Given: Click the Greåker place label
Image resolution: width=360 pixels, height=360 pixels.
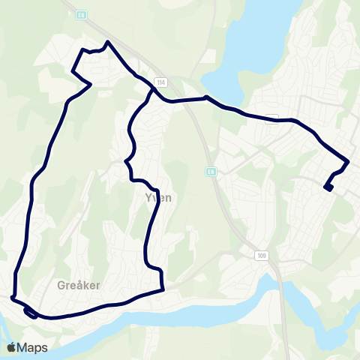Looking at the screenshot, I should [79, 285].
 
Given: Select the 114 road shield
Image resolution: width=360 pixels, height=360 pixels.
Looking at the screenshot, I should [160, 81].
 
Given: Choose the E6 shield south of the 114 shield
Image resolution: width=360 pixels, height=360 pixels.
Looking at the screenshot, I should [212, 172].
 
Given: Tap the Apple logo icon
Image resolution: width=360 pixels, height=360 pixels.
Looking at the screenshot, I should [12, 347].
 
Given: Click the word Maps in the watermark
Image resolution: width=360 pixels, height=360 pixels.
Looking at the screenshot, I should [33, 347].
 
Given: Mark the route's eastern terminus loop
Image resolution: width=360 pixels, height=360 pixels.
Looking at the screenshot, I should [328, 187].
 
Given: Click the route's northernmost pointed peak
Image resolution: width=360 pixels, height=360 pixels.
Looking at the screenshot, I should [109, 42].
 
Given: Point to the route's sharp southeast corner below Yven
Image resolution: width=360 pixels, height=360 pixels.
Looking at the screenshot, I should [163, 289].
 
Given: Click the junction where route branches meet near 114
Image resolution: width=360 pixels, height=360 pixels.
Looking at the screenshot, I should [153, 91].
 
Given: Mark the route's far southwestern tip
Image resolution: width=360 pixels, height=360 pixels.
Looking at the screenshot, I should [13, 298].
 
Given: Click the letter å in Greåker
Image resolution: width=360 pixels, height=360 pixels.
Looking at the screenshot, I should [79, 285].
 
